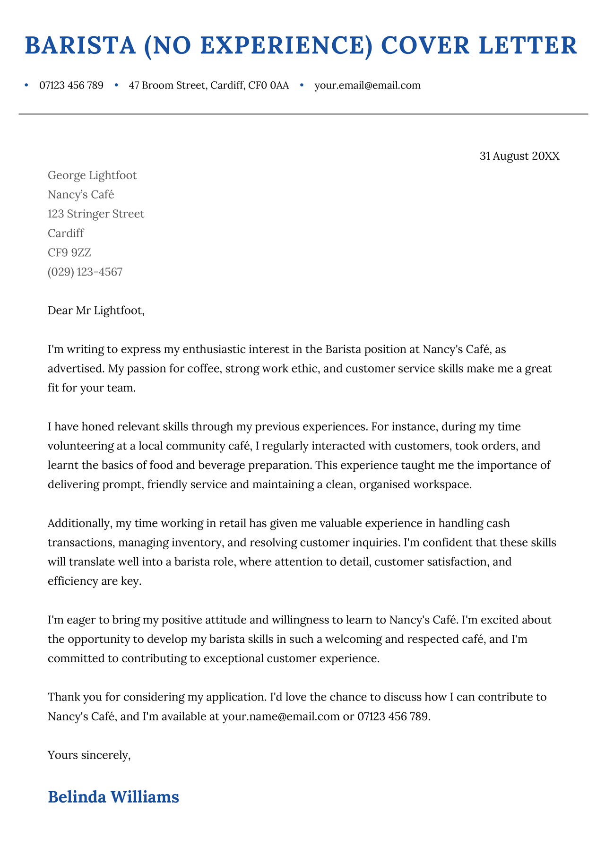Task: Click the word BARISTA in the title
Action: tap(80, 46)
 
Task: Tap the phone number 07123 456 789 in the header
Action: tap(71, 86)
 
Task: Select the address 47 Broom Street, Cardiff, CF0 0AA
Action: tap(208, 86)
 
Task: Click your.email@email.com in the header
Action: tap(367, 86)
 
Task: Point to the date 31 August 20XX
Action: tap(519, 156)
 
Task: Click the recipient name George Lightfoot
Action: tap(92, 175)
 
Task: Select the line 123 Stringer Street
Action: tap(96, 214)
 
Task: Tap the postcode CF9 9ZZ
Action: tap(69, 253)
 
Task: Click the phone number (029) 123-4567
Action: tap(85, 272)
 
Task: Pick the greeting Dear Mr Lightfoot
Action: tap(95, 311)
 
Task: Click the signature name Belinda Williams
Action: tap(113, 797)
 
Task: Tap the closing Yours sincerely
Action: tap(89, 755)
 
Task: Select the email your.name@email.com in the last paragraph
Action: tap(281, 717)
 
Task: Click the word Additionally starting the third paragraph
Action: tap(79, 524)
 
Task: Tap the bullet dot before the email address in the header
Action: tap(302, 85)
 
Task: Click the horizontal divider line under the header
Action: tap(302, 114)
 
